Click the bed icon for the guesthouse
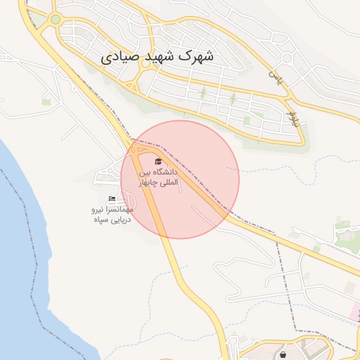click(x=112, y=199)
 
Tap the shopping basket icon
click(x=283, y=354)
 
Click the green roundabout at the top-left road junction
click(x=56, y=20)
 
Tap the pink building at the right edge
click(x=356, y=309)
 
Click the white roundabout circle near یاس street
click(x=287, y=59)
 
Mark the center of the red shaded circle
click(x=180, y=179)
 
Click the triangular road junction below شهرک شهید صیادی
click(x=131, y=86)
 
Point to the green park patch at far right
click(x=345, y=229)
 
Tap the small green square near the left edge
click(x=46, y=103)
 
